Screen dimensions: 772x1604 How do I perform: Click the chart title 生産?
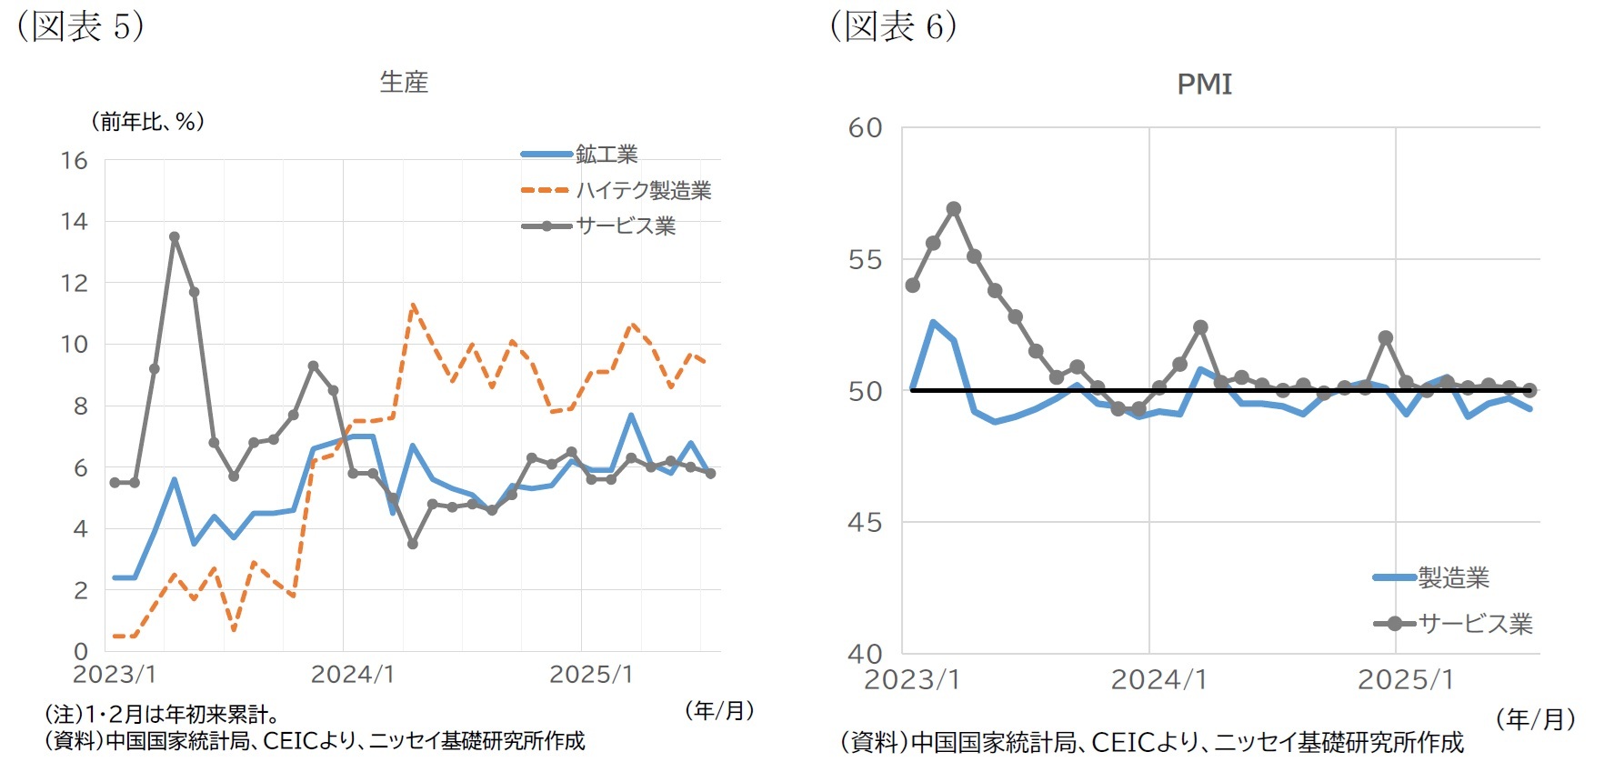click(404, 83)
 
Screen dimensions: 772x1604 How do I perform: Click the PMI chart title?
click(1204, 85)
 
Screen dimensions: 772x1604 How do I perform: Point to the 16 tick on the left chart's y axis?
click(75, 161)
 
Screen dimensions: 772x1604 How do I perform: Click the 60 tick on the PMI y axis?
click(865, 128)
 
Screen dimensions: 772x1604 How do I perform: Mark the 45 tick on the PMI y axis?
click(865, 523)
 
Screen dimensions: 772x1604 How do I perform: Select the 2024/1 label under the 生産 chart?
click(352, 675)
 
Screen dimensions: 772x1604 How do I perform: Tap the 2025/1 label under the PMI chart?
click(1405, 680)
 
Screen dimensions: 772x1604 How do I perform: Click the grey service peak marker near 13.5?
click(175, 237)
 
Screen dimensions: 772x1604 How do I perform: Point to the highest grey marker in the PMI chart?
click(954, 209)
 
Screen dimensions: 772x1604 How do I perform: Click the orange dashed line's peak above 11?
click(413, 306)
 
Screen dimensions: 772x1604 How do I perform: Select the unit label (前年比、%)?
click(147, 122)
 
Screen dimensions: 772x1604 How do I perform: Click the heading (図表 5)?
click(81, 26)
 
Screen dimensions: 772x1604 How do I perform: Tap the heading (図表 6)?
click(893, 26)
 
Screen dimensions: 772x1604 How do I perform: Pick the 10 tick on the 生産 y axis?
click(75, 345)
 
